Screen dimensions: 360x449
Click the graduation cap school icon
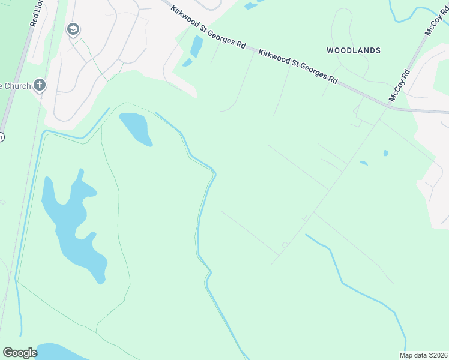(73, 29)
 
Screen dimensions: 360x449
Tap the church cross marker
(40, 85)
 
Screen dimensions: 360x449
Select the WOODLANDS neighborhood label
(354, 50)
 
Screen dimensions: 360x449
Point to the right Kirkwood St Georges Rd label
(298, 67)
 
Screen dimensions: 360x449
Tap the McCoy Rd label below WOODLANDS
(399, 85)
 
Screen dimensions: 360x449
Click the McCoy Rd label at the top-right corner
(436, 22)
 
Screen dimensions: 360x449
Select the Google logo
(20, 353)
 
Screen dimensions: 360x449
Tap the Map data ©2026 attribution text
(423, 355)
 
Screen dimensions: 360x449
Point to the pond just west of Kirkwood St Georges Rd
(196, 47)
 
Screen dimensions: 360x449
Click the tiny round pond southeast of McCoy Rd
(385, 153)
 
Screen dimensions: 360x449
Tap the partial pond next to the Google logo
(60, 352)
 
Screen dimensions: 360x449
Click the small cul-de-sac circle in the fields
(285, 245)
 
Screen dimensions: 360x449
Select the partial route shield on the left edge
(2, 137)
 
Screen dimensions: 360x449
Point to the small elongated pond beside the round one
(364, 163)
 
